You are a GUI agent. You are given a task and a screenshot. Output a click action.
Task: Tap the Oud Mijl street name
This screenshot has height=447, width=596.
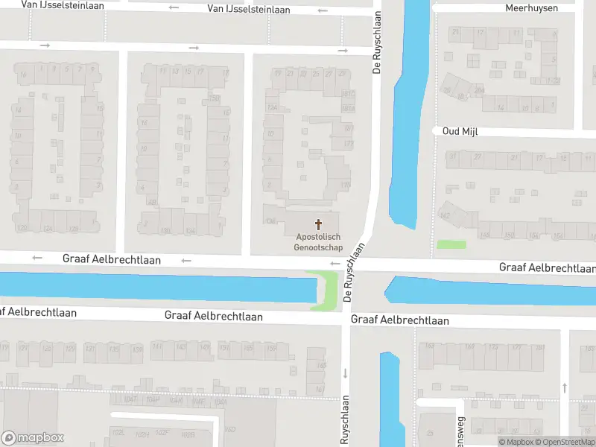460,131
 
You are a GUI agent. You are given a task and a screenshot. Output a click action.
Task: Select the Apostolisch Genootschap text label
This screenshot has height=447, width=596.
319,241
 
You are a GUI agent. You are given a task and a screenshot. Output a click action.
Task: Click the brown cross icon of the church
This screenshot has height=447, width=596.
319,223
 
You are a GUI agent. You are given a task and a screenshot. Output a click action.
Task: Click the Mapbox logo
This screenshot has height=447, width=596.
33,438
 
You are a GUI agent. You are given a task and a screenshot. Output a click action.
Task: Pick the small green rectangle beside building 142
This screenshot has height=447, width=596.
451,244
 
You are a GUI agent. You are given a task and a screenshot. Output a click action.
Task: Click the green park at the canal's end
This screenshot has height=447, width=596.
325,291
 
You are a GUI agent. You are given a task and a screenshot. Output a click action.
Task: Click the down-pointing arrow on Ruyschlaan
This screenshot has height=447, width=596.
345,373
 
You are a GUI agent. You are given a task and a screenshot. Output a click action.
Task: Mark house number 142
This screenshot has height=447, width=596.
446,215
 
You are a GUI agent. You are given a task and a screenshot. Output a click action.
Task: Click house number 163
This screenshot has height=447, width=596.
428,346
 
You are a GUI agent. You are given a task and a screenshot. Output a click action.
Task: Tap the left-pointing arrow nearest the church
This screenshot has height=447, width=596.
335,263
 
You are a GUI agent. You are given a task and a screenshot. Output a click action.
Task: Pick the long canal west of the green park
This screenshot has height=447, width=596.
149,287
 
